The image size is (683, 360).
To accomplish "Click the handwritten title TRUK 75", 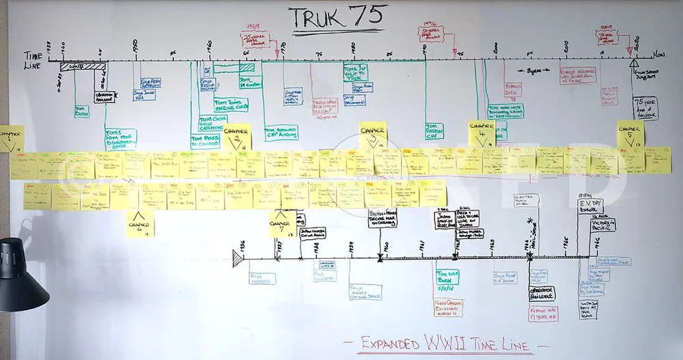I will pyautogui.click(x=337, y=18).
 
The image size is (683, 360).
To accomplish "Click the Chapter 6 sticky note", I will pyautogui.click(x=141, y=224).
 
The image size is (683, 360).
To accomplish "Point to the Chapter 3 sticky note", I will pyautogui.click(x=373, y=134).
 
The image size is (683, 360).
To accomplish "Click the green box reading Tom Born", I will pyautogui.click(x=81, y=110).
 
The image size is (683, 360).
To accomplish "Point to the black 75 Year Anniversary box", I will pyautogui.click(x=645, y=108).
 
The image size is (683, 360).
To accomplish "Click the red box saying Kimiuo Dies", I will pyautogui.click(x=514, y=89).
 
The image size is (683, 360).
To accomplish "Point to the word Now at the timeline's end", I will pyautogui.click(x=658, y=54).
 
